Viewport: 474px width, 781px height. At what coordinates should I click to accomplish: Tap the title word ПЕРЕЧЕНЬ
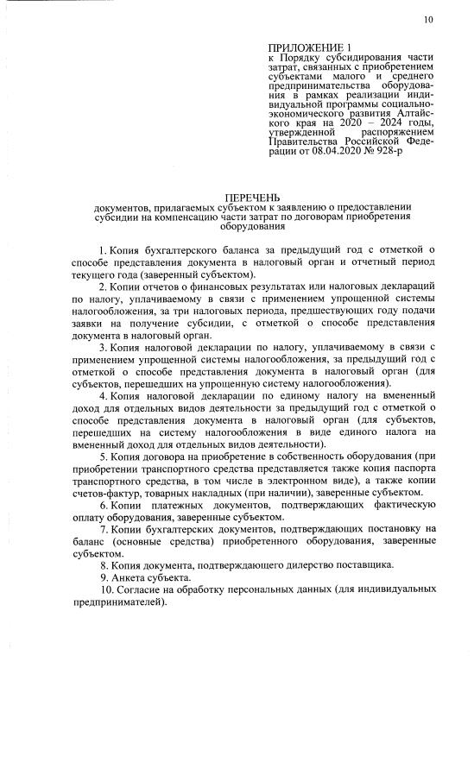tap(254, 198)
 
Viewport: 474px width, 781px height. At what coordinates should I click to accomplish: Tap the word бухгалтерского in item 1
tap(178, 249)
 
